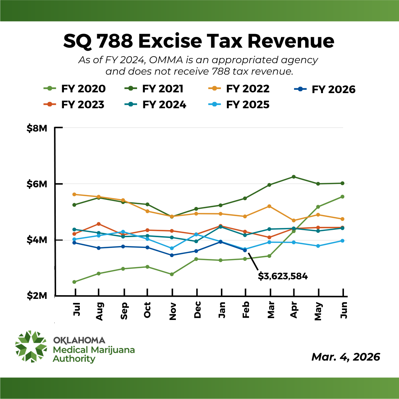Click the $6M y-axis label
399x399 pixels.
pyautogui.click(x=37, y=184)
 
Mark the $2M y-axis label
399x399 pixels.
pyautogui.click(x=37, y=296)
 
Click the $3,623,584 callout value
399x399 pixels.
pyautogui.click(x=283, y=276)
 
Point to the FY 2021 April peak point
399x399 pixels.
pyautogui.click(x=294, y=177)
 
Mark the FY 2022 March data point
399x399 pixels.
pyautogui.click(x=269, y=206)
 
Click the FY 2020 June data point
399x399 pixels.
pyautogui.click(x=342, y=197)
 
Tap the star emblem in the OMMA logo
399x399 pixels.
pyautogui.click(x=31, y=347)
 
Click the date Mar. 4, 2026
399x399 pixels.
pyautogui.click(x=345, y=357)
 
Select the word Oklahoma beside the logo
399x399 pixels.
pyautogui.click(x=79, y=340)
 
